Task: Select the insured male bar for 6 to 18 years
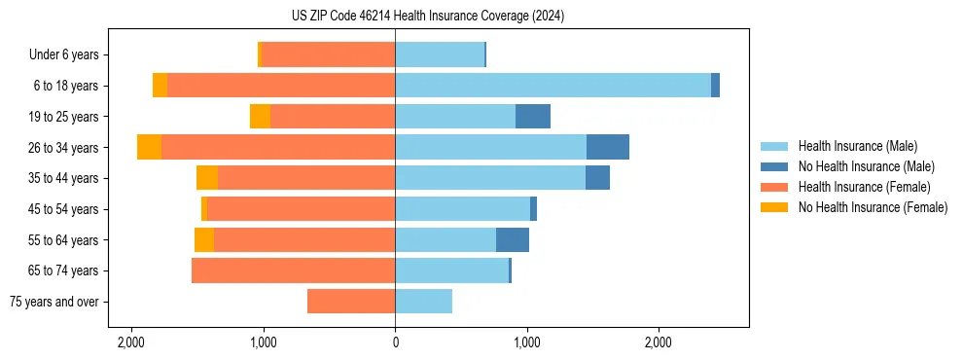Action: click(553, 86)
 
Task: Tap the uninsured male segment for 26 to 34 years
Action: click(608, 147)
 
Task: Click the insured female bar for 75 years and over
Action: click(351, 302)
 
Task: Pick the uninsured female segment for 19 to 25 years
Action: click(260, 117)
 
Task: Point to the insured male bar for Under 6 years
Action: click(440, 54)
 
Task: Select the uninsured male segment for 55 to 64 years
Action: click(513, 240)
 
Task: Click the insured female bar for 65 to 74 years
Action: click(293, 270)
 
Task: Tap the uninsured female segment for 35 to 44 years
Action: click(207, 178)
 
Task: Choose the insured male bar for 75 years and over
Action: click(423, 302)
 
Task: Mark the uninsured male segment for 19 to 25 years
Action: click(533, 117)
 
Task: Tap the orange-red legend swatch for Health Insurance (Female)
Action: click(774, 187)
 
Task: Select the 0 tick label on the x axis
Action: click(395, 342)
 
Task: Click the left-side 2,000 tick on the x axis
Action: click(131, 342)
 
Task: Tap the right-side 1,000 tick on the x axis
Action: click(526, 342)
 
